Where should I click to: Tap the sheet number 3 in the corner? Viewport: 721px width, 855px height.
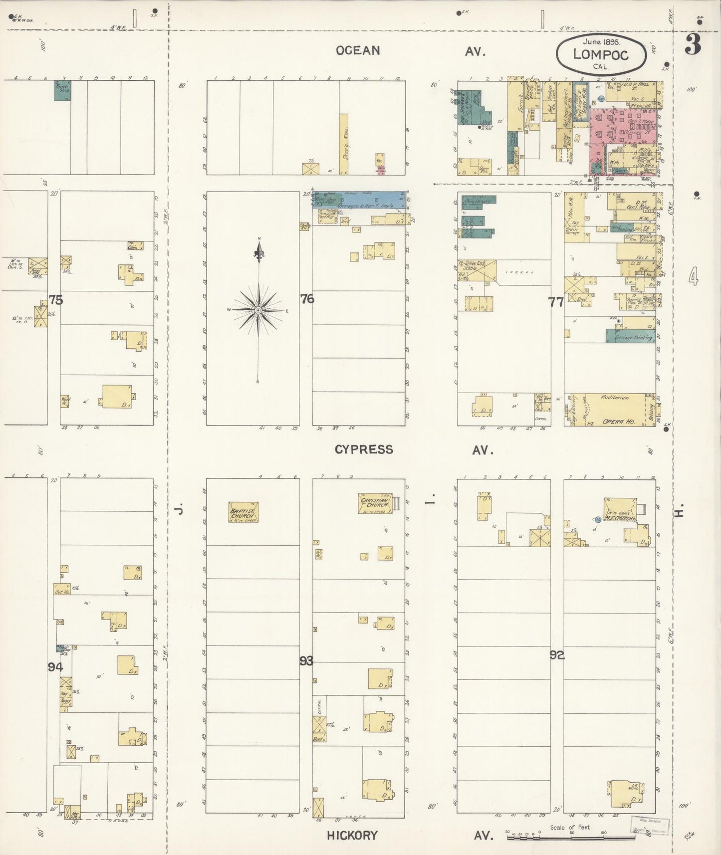pos(693,45)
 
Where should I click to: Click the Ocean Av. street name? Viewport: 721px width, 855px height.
pos(358,50)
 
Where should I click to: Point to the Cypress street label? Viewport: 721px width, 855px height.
pos(364,449)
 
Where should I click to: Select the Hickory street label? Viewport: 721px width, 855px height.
pos(352,835)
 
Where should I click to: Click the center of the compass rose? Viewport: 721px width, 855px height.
pos(258,310)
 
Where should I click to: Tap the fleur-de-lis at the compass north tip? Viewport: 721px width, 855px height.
pos(259,254)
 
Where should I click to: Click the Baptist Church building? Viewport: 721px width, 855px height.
pos(243,512)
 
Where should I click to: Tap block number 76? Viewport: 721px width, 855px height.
pos(307,299)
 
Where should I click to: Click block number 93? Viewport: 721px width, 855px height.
pos(306,661)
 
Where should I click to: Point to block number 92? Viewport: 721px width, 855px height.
pos(557,655)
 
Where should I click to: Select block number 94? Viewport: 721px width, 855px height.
pos(55,666)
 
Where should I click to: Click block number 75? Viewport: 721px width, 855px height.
pos(56,300)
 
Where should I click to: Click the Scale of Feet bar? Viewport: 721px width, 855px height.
pos(571,838)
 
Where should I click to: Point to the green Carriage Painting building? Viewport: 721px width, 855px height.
pos(630,337)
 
